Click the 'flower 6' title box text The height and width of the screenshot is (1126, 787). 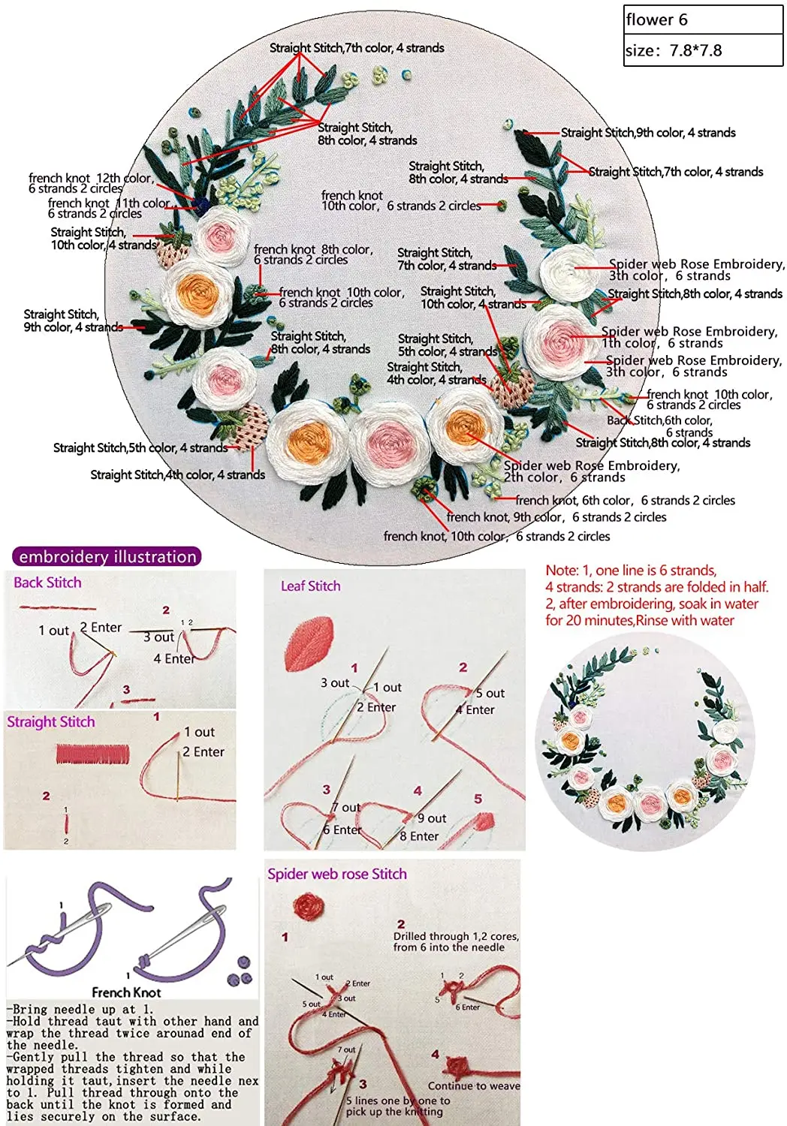657,20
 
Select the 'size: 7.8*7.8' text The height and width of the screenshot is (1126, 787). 674,51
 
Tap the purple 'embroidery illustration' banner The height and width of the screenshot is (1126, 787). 107,557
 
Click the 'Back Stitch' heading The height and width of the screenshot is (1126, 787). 47,583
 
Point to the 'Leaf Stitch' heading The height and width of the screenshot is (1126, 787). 310,586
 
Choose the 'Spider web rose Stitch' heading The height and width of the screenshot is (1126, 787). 337,875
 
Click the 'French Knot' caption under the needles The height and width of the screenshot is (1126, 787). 126,992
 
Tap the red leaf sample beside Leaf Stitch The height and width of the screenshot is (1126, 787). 309,643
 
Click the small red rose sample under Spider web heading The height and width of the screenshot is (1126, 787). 309,907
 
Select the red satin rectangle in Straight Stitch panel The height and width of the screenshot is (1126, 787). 92,754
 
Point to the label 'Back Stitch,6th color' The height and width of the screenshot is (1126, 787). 659,420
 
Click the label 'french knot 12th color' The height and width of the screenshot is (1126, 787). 91,179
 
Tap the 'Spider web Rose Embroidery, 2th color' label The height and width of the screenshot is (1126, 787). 592,471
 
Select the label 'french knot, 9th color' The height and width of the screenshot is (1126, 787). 556,517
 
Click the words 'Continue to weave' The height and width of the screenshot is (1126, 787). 474,1086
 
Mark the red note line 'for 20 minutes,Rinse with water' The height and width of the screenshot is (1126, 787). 640,621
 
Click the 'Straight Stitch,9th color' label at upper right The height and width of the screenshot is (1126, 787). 648,133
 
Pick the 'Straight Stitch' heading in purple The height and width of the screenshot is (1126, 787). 51,722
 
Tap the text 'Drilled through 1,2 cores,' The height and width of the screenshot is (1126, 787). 456,936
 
